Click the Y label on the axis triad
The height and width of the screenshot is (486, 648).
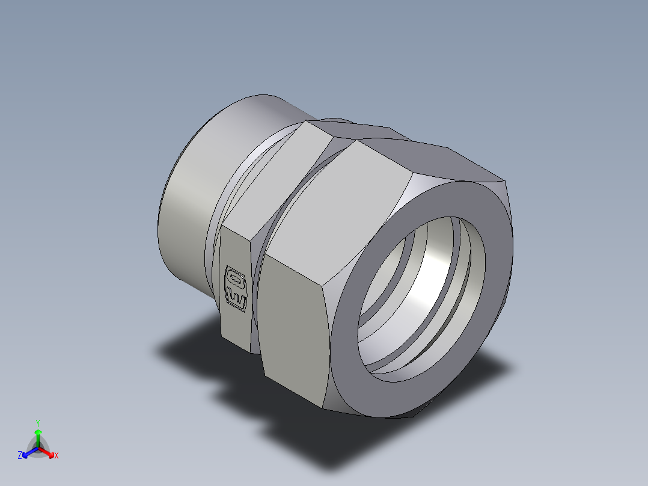[38, 423]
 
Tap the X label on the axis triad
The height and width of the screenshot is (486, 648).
[57, 455]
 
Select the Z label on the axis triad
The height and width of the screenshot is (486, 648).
[20, 455]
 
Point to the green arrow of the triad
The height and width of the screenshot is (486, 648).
[38, 438]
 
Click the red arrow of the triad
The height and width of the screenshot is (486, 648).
[46, 452]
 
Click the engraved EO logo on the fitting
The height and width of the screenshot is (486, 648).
[236, 289]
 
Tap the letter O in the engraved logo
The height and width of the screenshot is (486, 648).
[237, 278]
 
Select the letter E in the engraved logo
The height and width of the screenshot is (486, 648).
[236, 299]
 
